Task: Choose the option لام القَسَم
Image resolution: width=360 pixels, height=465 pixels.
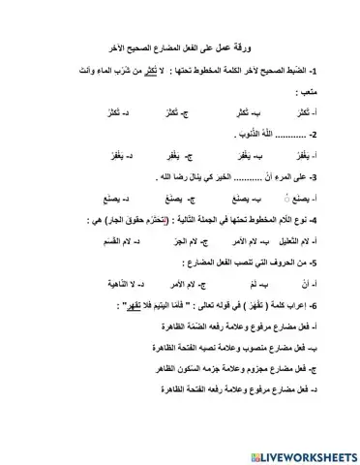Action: tap(104, 239)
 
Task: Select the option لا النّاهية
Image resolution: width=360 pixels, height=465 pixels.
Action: tap(101, 283)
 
